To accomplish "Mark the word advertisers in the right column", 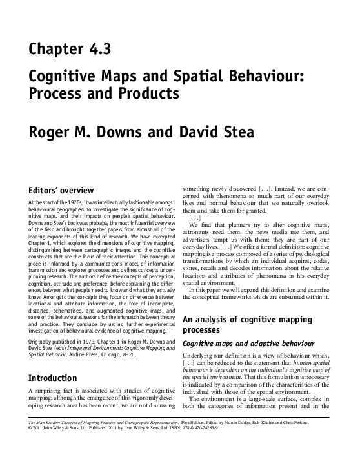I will point(203,238).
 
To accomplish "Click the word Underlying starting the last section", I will point(202,356).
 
